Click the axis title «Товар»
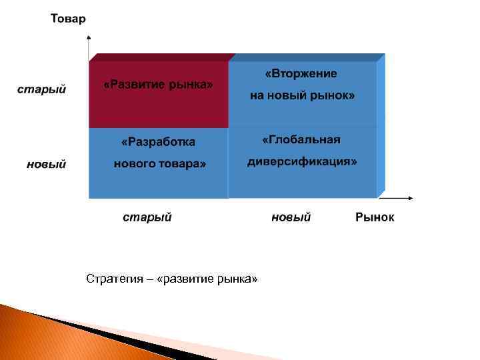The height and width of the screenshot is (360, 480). click(68, 19)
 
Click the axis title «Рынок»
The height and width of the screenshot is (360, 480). click(374, 217)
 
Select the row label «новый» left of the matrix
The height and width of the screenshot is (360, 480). click(46, 163)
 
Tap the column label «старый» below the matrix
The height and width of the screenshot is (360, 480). click(147, 217)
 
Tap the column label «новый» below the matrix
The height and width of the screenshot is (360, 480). click(291, 217)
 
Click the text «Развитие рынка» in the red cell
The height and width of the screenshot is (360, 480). click(159, 85)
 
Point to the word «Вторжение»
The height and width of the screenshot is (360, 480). click(301, 73)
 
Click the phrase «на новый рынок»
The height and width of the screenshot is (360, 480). click(302, 95)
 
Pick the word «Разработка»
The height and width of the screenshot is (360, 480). click(159, 142)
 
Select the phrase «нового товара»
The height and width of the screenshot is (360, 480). click(159, 163)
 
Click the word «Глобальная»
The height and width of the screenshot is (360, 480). click(301, 139)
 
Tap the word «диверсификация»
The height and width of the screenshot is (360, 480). click(302, 162)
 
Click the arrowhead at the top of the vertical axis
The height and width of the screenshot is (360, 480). click(89, 39)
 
